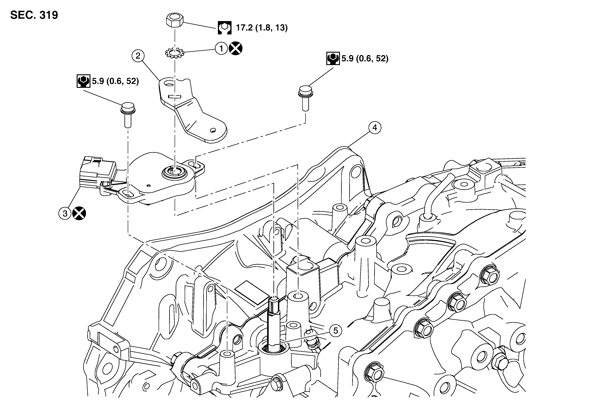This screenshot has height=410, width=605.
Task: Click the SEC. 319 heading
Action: [x=34, y=15]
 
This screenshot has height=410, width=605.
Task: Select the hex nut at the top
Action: [x=175, y=21]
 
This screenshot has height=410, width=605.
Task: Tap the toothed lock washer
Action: [x=175, y=53]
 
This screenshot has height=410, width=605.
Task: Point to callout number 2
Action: [x=138, y=56]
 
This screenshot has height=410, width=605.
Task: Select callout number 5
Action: [x=336, y=331]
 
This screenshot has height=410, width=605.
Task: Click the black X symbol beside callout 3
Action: [x=79, y=213]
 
